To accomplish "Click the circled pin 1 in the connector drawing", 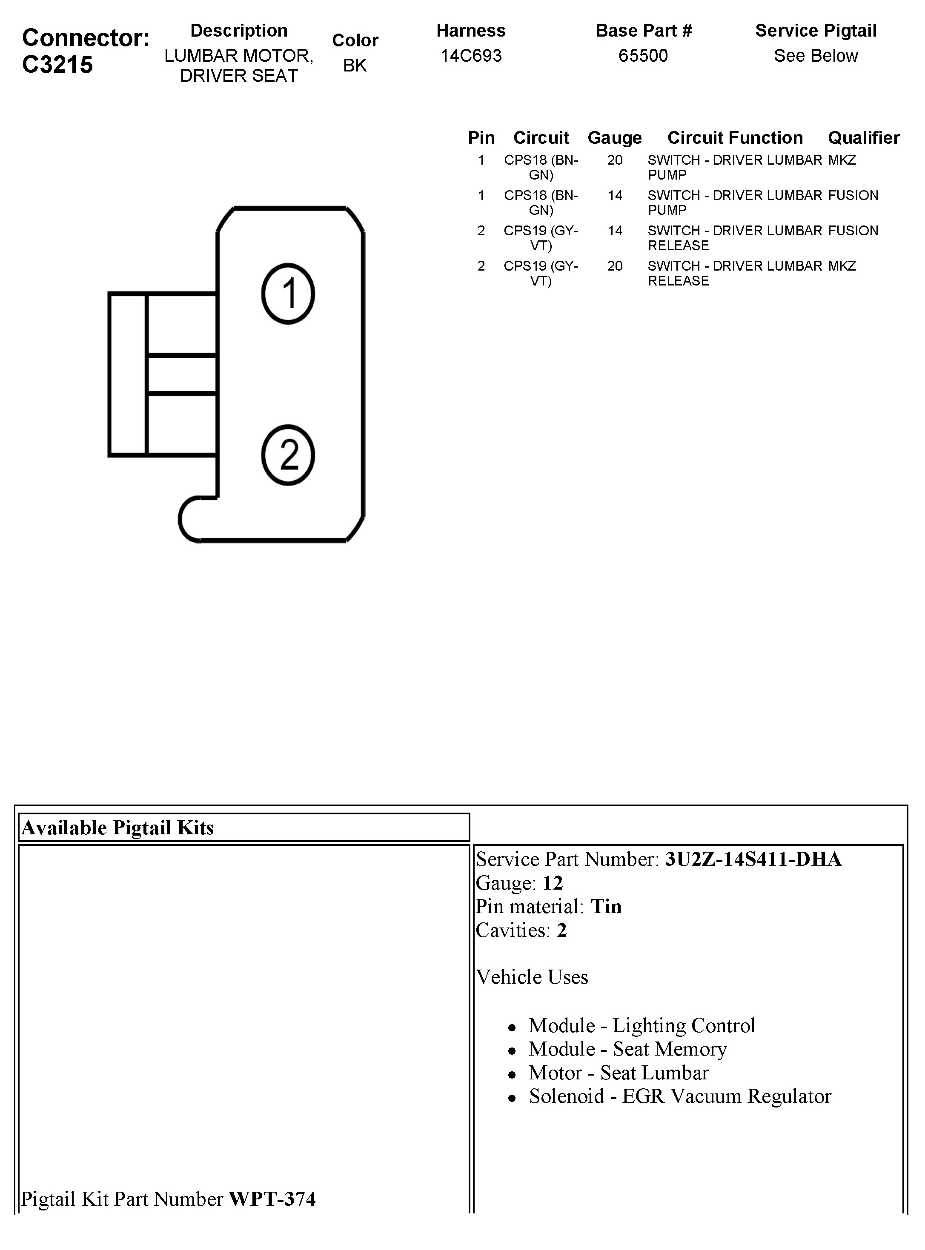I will coord(288,294).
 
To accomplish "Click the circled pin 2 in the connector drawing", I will coord(288,455).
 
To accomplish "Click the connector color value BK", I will coord(355,66).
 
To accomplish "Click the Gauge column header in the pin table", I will coord(614,138).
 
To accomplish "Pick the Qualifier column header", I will coord(863,138).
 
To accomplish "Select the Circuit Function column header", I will coord(735,138).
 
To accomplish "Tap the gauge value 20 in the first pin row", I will coord(615,160).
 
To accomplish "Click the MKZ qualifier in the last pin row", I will coord(842,266).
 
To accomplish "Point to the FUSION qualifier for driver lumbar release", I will coord(853,231).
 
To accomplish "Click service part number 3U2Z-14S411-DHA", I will coord(753,859).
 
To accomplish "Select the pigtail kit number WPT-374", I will coord(272,1199).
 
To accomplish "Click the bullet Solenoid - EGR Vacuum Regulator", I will coord(680,1096).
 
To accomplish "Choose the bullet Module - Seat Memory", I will coord(627,1049).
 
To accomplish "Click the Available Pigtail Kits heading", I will coord(117,828).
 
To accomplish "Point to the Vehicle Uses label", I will coord(532,977).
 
